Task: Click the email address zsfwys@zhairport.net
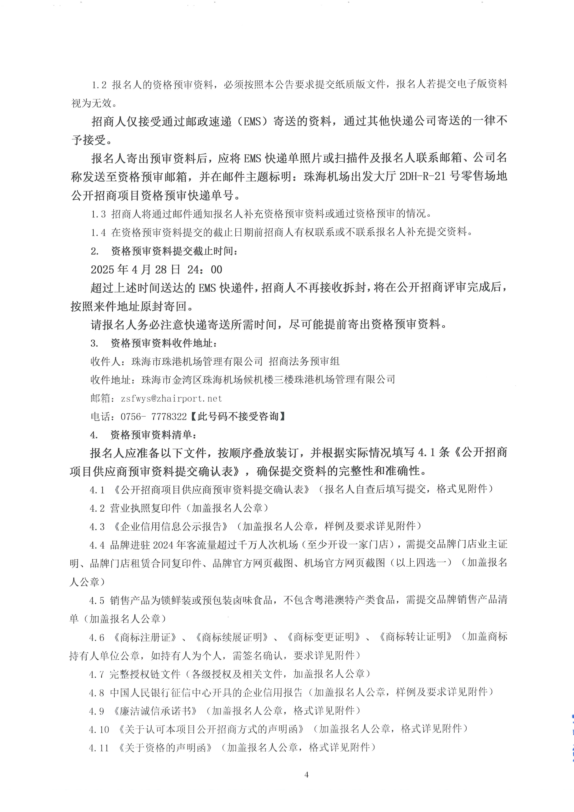click(172, 398)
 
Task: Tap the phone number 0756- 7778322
click(153, 417)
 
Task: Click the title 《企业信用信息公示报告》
click(171, 527)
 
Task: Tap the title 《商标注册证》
click(146, 637)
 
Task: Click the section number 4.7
click(97, 674)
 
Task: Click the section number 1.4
click(98, 232)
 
